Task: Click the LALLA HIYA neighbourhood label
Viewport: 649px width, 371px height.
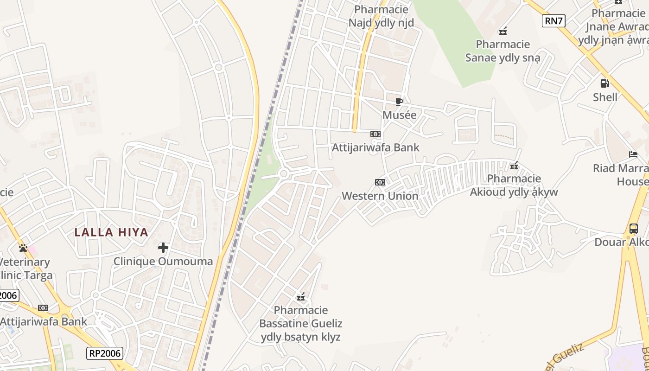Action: (x=111, y=232)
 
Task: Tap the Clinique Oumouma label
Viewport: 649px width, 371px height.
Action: (x=163, y=261)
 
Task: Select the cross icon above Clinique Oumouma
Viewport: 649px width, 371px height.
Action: (x=163, y=248)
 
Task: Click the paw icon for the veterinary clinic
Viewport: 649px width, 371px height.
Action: (x=23, y=248)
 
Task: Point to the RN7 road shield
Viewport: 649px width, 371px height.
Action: (x=554, y=20)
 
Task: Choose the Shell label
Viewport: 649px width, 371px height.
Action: (x=605, y=97)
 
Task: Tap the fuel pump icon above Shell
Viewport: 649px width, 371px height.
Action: (x=605, y=83)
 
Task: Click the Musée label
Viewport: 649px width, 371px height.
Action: (x=399, y=115)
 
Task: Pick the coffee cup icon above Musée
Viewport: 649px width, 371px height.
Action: (x=399, y=102)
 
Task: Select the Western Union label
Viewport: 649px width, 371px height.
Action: (x=380, y=196)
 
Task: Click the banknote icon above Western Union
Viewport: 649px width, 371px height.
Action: (x=380, y=182)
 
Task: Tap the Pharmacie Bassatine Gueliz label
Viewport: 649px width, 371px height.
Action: (x=301, y=323)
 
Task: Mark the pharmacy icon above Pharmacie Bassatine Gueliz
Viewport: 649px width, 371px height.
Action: (x=301, y=296)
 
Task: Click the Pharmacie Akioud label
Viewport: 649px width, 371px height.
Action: (x=514, y=185)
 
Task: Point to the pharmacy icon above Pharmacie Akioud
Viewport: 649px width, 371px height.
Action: (x=514, y=166)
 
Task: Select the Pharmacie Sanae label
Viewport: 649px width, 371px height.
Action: (x=503, y=51)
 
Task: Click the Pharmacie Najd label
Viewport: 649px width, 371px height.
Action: (x=381, y=16)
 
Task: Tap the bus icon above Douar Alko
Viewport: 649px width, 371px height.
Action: (x=634, y=229)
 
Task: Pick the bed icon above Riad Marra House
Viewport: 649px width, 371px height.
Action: (x=633, y=154)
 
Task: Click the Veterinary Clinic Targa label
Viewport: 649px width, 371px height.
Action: (x=25, y=269)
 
